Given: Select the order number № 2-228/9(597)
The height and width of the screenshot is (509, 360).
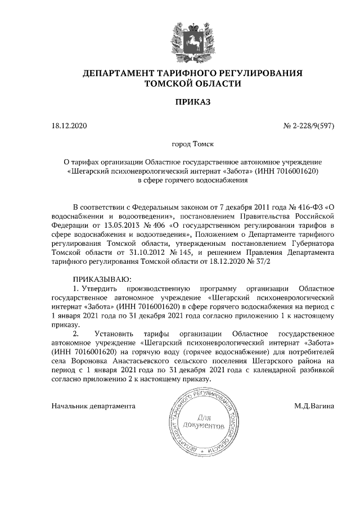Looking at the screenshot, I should coord(308,125).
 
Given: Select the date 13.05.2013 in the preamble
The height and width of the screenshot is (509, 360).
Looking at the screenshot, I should coord(112,226).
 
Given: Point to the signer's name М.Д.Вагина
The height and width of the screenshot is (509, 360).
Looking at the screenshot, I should coord(314,406).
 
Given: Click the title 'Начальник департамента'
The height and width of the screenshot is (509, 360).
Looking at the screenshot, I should coord(93,406).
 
